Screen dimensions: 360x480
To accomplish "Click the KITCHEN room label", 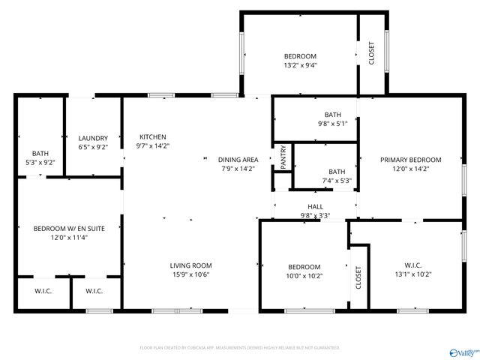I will [x=152, y=136].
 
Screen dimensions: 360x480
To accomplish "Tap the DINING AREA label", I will [x=238, y=159].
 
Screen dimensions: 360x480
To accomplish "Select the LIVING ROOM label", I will [x=190, y=265].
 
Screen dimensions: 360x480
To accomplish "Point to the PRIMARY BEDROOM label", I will [x=410, y=159].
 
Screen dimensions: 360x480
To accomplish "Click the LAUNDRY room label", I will [x=93, y=138].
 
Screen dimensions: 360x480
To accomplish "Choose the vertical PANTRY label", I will [x=283, y=156].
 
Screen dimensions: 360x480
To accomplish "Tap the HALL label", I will [x=315, y=206].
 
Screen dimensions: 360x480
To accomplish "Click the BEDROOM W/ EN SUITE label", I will [x=68, y=228].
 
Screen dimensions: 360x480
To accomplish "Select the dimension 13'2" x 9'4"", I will [x=300, y=65].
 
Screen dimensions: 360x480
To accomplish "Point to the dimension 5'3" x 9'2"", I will [x=40, y=162].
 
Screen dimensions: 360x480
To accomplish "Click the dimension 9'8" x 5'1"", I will [x=332, y=124].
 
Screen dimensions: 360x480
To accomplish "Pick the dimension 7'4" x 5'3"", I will [x=337, y=181].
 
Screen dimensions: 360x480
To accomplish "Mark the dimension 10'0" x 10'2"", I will [x=304, y=275].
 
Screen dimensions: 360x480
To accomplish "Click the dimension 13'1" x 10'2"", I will [x=412, y=274].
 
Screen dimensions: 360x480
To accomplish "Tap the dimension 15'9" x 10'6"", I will [x=190, y=274].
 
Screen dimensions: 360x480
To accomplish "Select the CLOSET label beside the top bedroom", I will [x=372, y=52].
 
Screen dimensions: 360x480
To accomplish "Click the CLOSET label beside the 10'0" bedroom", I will [x=358, y=277].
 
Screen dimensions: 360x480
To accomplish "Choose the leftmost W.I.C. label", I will [x=43, y=291].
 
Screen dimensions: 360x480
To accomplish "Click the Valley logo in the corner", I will [x=462, y=351].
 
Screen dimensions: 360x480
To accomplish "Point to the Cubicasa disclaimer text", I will [x=240, y=347].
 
